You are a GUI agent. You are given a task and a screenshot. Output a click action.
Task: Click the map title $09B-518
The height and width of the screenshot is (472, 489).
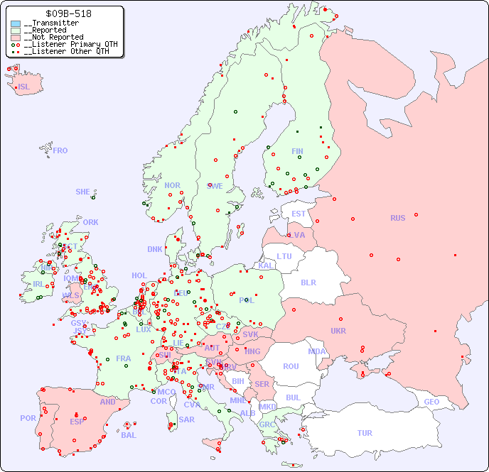pyautogui.click(x=68, y=13)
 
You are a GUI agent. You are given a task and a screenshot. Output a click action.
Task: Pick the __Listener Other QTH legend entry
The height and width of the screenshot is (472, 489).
pyautogui.click(x=66, y=51)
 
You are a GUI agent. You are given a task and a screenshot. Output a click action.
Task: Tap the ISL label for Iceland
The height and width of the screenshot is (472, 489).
pyautogui.click(x=24, y=87)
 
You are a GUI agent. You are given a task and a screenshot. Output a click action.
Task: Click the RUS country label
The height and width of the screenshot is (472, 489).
pyautogui.click(x=397, y=218)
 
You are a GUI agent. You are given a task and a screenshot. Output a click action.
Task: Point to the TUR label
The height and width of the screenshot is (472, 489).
pyautogui.click(x=365, y=433)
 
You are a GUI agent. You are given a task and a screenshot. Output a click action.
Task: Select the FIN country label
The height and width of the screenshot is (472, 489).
pyautogui.click(x=297, y=151)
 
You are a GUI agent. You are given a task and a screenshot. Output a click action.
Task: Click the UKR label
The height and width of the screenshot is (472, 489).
pyautogui.click(x=338, y=331)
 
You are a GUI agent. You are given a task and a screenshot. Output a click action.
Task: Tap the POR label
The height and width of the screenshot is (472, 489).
pyautogui.click(x=28, y=418)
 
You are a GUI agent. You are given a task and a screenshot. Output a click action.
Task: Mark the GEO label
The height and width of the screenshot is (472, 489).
pyautogui.click(x=431, y=402)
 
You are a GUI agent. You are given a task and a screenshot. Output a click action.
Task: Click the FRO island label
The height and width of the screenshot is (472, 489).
pyautogui.click(x=60, y=150)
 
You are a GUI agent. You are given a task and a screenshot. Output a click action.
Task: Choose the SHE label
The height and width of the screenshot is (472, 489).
pyautogui.click(x=83, y=192)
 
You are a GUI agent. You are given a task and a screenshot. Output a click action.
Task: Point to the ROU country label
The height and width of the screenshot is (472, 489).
pyautogui.click(x=291, y=366)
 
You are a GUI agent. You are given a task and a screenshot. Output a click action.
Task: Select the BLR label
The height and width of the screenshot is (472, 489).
pyautogui.click(x=308, y=282)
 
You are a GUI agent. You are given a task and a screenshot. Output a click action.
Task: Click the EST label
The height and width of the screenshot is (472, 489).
pyautogui.click(x=299, y=214)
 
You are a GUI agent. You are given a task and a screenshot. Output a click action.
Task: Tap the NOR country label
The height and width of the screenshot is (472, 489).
pyautogui.click(x=172, y=185)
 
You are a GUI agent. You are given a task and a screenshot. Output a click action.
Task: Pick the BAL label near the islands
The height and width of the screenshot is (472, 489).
pyautogui.click(x=129, y=435)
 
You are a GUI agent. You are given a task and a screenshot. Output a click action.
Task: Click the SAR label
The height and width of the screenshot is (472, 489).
pyautogui.click(x=186, y=419)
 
